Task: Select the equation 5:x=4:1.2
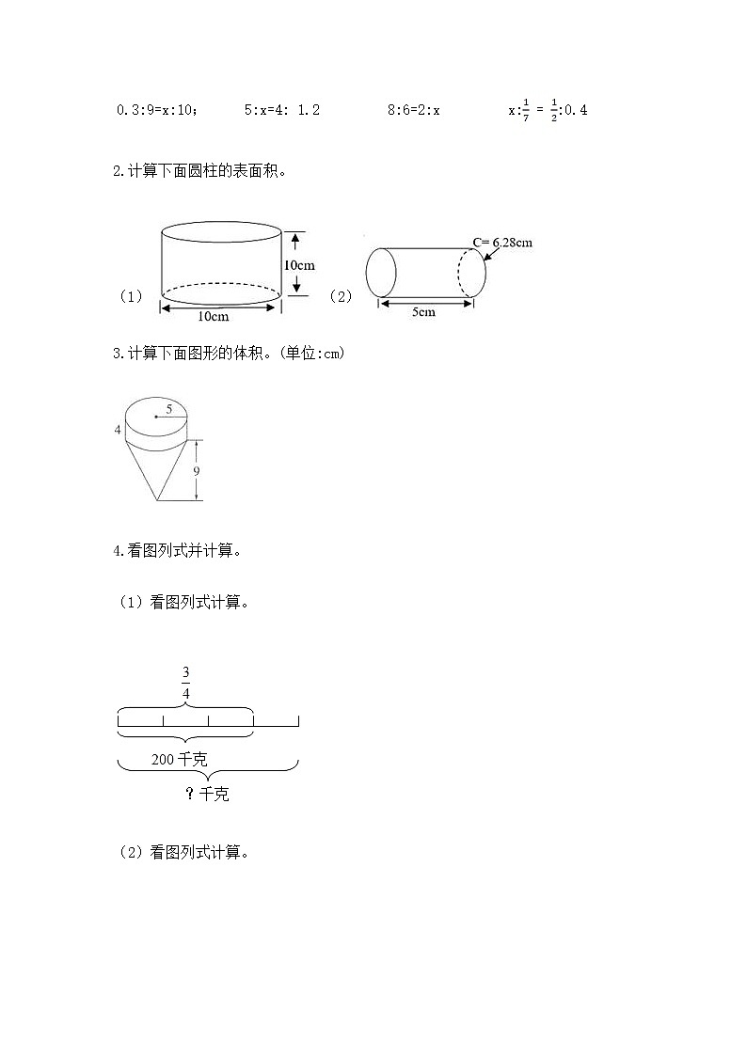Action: (x=281, y=110)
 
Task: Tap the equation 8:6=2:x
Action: (x=414, y=110)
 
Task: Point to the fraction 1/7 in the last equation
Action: (x=525, y=110)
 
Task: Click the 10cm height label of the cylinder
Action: (x=298, y=265)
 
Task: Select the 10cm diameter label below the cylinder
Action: (x=214, y=316)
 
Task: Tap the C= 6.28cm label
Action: (x=502, y=243)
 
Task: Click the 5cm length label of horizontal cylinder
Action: (x=423, y=312)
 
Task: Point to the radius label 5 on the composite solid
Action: (x=168, y=408)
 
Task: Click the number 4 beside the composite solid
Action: (x=118, y=430)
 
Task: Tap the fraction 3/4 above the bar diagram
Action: (x=185, y=683)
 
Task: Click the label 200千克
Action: (x=179, y=759)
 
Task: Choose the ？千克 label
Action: (x=207, y=795)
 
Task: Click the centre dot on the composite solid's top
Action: (x=156, y=417)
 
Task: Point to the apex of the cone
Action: (x=157, y=501)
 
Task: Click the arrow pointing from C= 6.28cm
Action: (x=490, y=253)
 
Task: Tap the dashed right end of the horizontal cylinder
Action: (x=472, y=273)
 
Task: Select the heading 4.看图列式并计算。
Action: (x=178, y=551)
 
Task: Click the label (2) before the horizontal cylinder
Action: (x=341, y=296)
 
